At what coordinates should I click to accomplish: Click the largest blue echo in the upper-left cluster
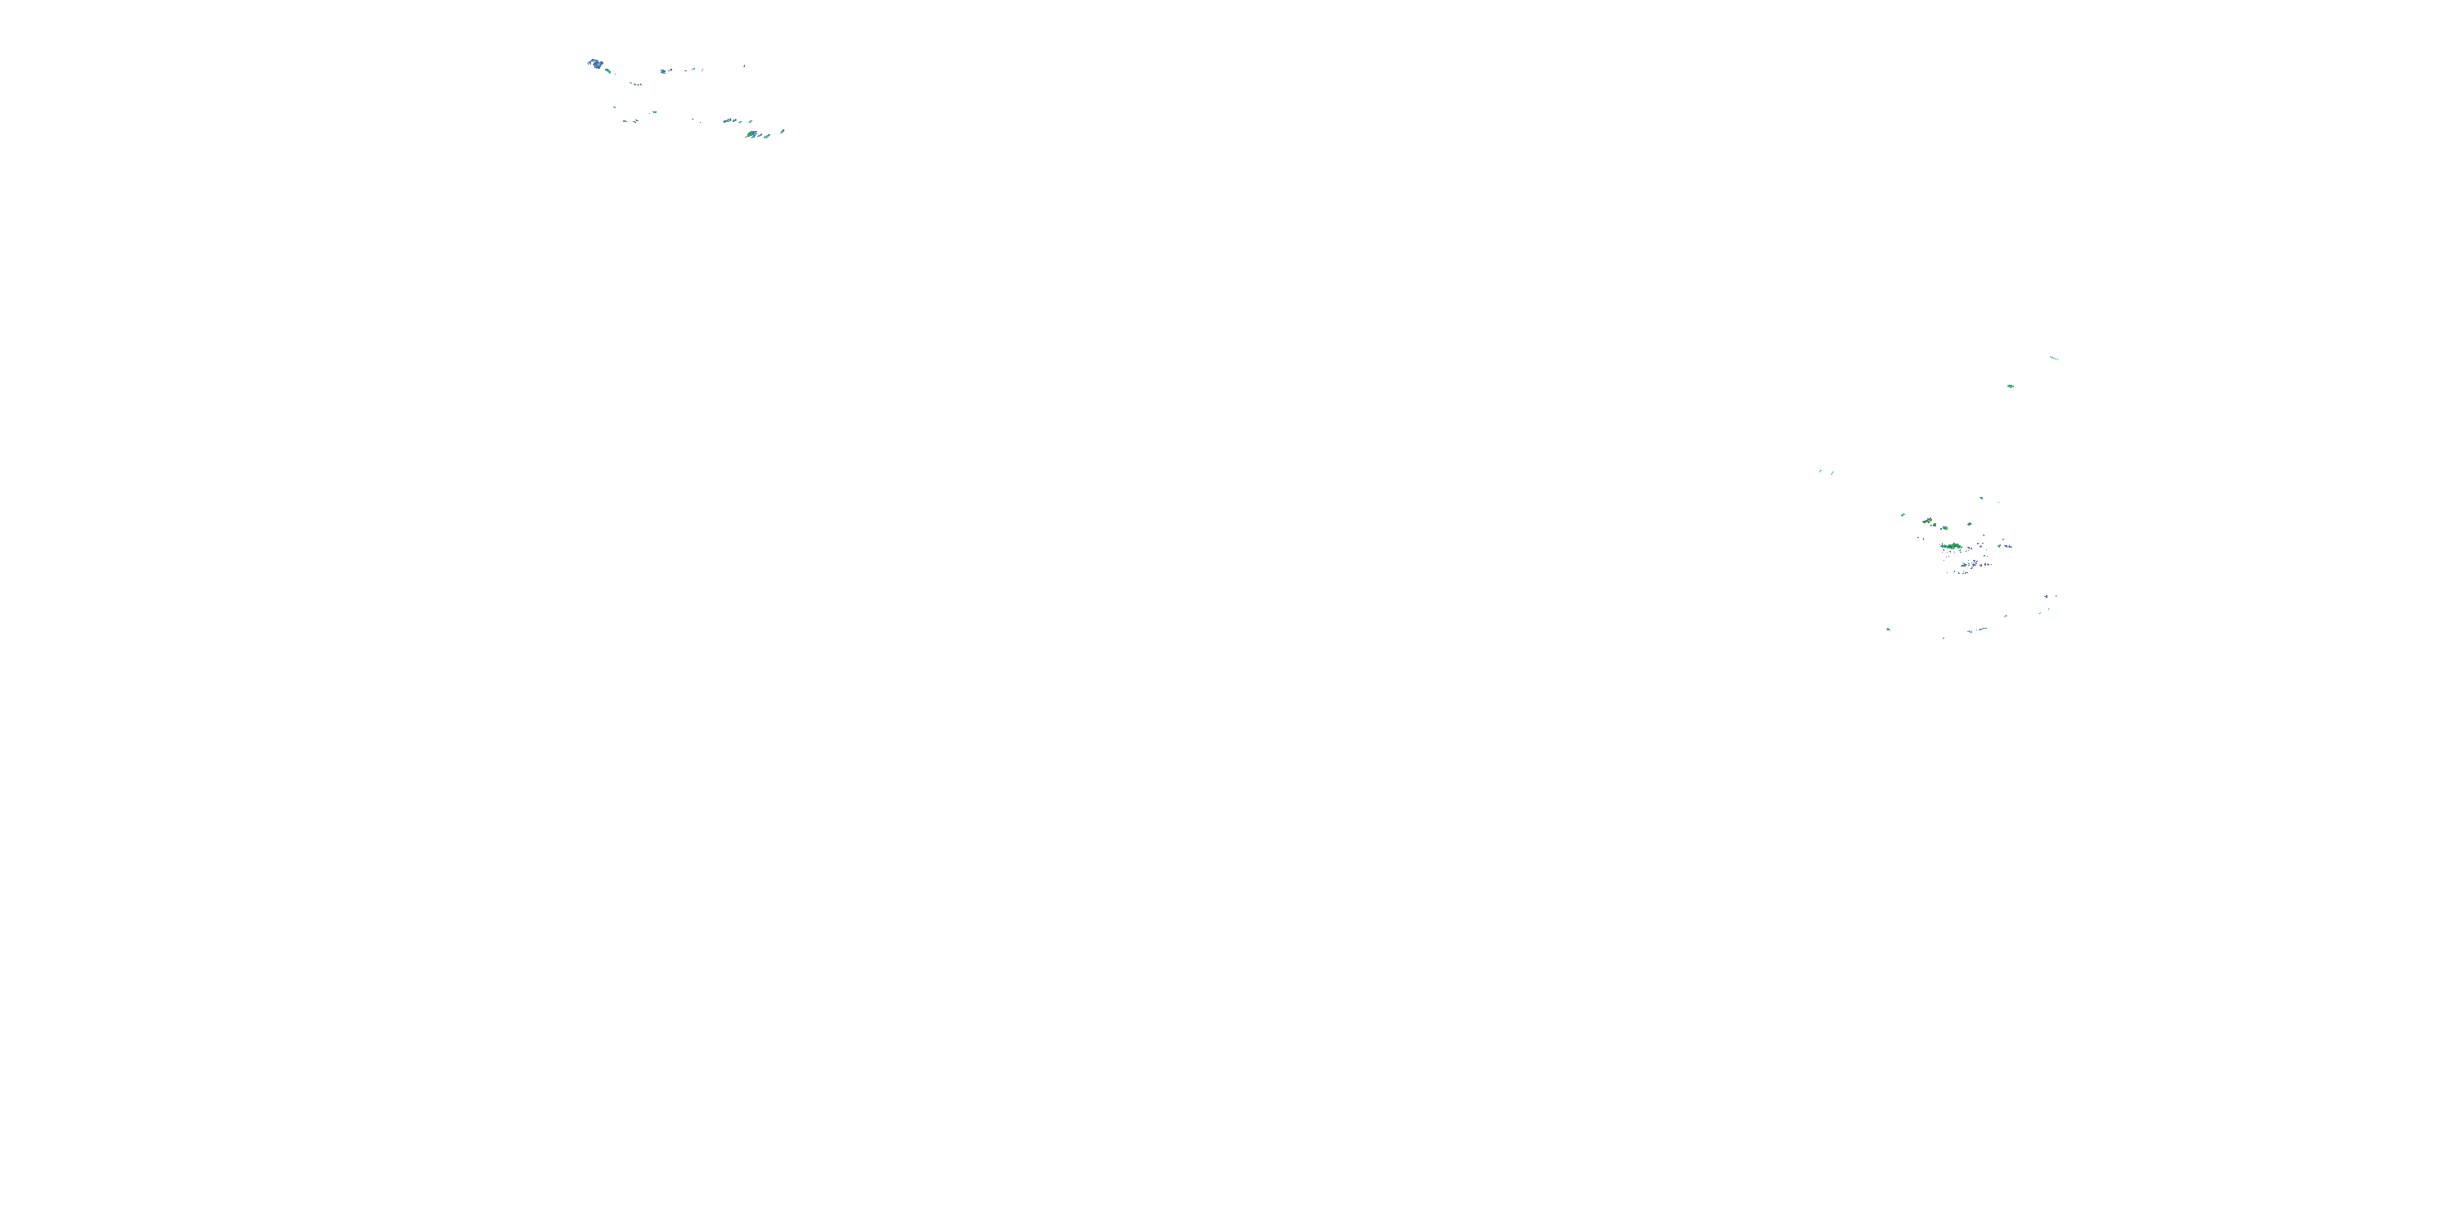click(x=595, y=64)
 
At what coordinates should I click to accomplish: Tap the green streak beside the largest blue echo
click(x=607, y=70)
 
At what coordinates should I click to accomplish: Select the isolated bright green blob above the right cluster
click(x=2010, y=386)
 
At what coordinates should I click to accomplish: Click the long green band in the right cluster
click(x=1952, y=546)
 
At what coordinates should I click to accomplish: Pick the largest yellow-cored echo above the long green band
click(x=1928, y=521)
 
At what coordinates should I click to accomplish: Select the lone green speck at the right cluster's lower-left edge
click(x=1889, y=630)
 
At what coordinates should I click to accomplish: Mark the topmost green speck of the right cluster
click(x=1981, y=498)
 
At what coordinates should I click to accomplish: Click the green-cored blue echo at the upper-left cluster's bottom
click(x=752, y=134)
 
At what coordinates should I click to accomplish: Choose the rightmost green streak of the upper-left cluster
click(x=783, y=131)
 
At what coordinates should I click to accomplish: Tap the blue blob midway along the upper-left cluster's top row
click(x=664, y=70)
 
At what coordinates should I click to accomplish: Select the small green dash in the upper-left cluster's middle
click(x=654, y=111)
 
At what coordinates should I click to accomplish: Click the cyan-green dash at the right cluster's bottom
click(x=1971, y=631)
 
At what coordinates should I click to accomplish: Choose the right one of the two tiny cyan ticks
click(x=1832, y=472)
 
